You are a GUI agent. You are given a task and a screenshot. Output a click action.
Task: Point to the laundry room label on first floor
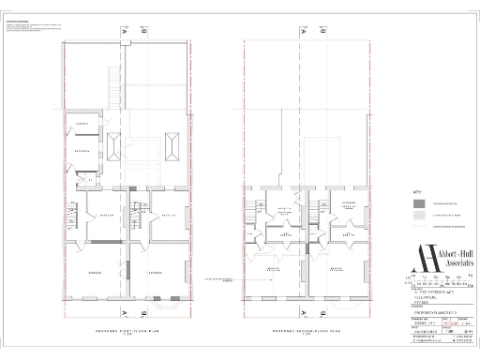tap(82, 125)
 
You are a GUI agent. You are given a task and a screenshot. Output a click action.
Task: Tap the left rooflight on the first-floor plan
tap(113, 146)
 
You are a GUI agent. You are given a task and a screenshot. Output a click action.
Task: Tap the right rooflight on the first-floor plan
tap(172, 146)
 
